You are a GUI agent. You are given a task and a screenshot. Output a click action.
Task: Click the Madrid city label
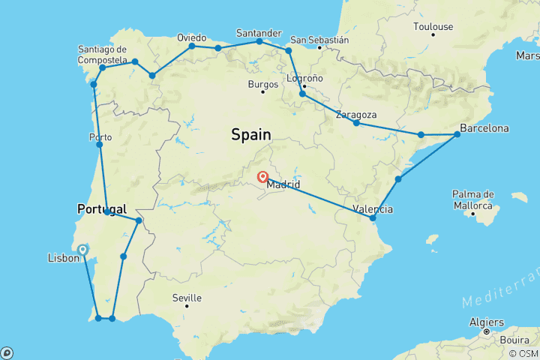click(284, 184)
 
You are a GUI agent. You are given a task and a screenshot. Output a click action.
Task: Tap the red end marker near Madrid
click(262, 178)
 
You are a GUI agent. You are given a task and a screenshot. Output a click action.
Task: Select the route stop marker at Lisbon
click(83, 250)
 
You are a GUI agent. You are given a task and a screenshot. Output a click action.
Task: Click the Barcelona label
click(484, 128)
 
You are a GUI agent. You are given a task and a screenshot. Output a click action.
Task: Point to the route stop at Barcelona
click(457, 135)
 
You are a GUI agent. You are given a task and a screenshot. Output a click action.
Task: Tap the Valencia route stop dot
click(373, 217)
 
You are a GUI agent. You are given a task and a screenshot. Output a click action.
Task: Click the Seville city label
click(187, 298)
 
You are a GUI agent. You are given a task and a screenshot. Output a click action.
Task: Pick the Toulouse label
click(433, 27)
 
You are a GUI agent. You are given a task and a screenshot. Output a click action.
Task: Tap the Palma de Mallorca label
click(473, 199)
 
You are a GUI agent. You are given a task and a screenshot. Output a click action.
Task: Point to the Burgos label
click(262, 84)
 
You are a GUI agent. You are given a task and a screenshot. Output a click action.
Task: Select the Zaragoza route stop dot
click(356, 122)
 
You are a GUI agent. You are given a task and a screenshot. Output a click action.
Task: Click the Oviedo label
click(191, 37)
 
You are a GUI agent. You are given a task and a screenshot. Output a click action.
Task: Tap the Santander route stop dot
click(259, 41)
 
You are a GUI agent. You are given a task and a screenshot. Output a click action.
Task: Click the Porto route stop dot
click(100, 145)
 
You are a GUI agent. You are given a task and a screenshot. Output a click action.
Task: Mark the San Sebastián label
click(319, 40)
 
